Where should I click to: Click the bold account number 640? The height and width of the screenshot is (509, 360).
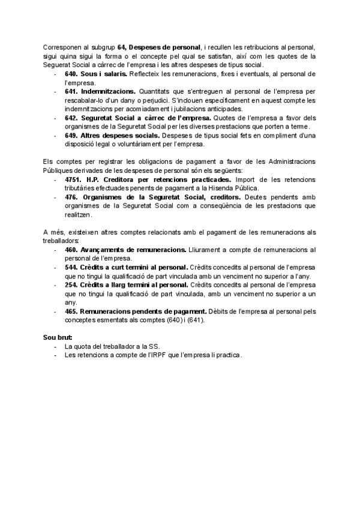71,73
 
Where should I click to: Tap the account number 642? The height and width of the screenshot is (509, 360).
71,118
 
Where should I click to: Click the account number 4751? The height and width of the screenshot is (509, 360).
73,180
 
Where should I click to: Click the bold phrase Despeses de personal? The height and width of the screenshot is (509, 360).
163,47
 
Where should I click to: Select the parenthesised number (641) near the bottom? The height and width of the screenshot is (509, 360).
195,321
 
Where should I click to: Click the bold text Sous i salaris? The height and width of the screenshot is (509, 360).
104,73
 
